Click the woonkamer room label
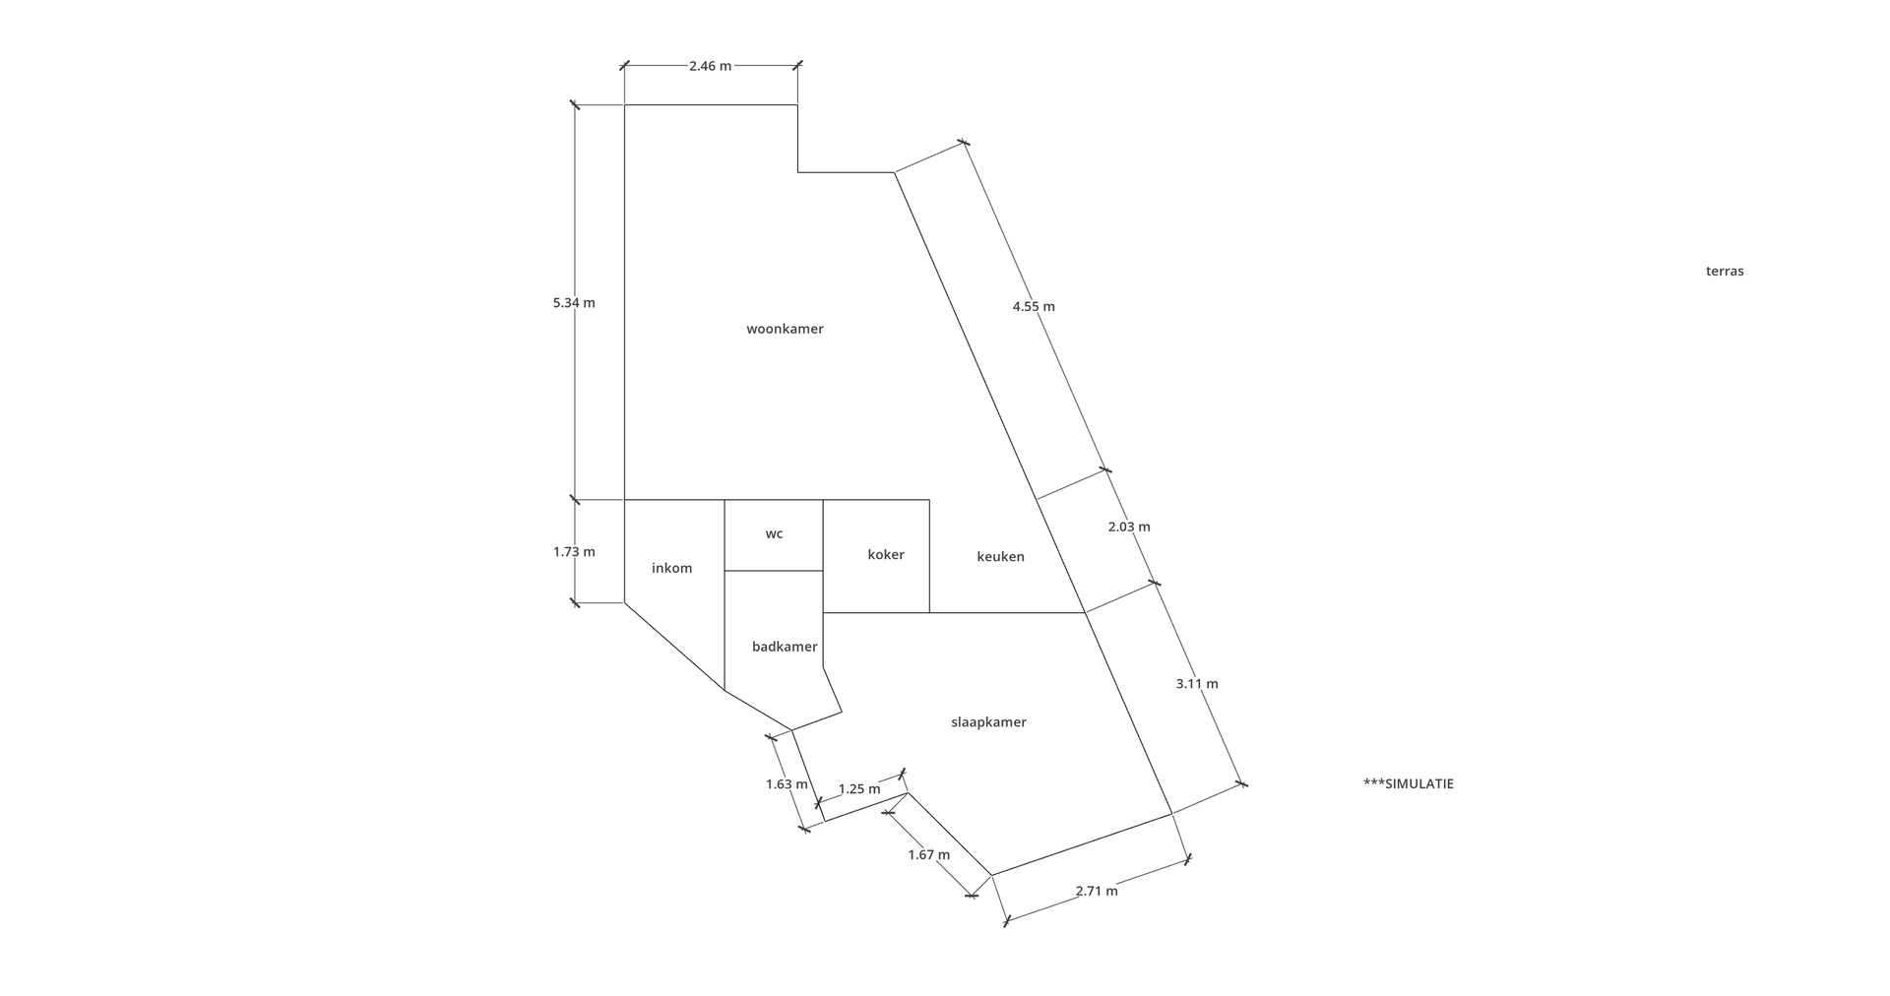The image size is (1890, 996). coord(785,329)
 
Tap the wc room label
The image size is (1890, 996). coord(774,534)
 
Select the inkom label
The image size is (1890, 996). coord(672,568)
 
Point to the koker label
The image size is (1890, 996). coord(886,554)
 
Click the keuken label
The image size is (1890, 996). coord(1000,556)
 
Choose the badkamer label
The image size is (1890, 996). coord(785,647)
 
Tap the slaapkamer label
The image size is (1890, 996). coord(988,721)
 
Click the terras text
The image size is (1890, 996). coord(1725,271)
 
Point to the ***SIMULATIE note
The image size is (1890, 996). coord(1408,783)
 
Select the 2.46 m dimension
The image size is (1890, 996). coord(710,66)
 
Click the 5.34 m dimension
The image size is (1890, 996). coord(574,302)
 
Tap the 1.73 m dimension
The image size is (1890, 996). coord(574,551)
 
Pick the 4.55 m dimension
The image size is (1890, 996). coord(1034,306)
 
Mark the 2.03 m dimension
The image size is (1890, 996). coord(1129,527)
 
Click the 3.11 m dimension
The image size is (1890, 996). coord(1197,683)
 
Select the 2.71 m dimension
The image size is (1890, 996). coord(1097,891)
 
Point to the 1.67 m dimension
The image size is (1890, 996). coord(929,854)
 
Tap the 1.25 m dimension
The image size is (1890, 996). coord(859,788)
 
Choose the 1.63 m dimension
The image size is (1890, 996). coord(787,784)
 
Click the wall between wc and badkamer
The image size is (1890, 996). coord(774,571)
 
